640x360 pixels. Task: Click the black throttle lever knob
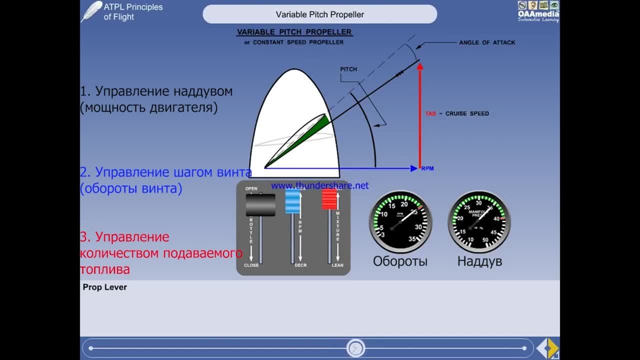tap(260, 204)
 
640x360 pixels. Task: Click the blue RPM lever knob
tap(292, 201)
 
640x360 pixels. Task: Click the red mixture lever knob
tap(329, 199)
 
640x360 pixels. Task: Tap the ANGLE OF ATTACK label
tap(487, 42)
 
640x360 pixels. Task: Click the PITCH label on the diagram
tap(348, 69)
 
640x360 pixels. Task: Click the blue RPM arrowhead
tap(414, 168)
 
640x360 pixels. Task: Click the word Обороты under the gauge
tap(400, 261)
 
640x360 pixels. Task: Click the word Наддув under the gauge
tap(479, 261)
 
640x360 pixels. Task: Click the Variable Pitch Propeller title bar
tap(319, 14)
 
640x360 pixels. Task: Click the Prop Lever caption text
tap(105, 287)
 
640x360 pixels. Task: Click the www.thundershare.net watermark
tap(319, 185)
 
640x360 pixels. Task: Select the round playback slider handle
tap(355, 348)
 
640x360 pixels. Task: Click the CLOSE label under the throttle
tap(251, 265)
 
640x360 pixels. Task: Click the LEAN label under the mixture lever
tap(337, 265)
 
